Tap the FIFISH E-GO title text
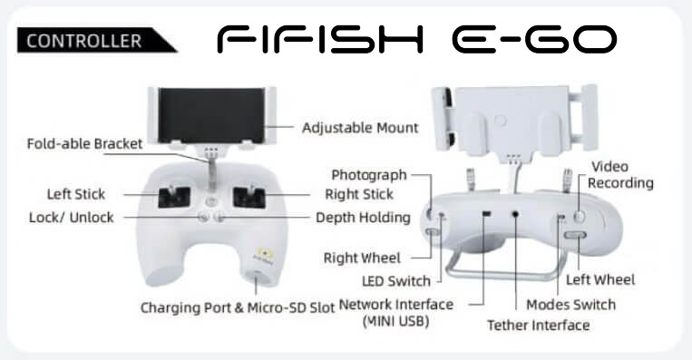[x=418, y=40]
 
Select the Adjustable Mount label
[x=360, y=128]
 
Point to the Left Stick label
[x=76, y=194]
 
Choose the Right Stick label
[x=358, y=194]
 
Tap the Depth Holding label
[x=363, y=218]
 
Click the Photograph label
[x=369, y=174]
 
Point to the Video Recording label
[x=622, y=175]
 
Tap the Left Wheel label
[x=600, y=279]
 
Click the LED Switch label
[x=395, y=280]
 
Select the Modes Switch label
[x=570, y=304]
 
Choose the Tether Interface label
[x=538, y=325]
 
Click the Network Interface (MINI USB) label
[x=395, y=312]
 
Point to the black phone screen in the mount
[x=214, y=116]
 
